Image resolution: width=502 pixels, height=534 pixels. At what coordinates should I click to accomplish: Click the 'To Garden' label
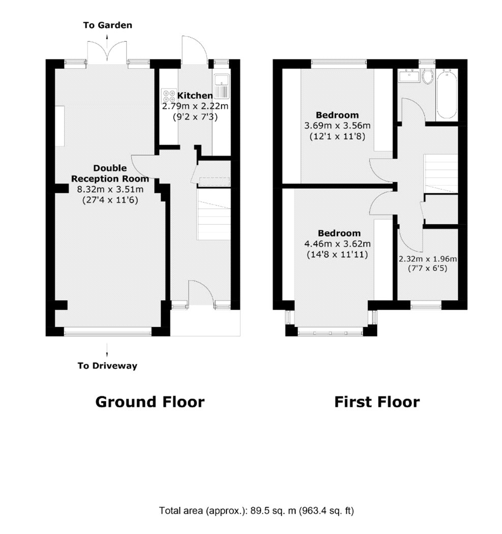[x=108, y=25]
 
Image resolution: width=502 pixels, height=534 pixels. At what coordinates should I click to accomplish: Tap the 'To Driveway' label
[x=107, y=366]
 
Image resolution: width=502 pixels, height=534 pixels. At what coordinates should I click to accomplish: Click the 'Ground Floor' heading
[x=150, y=402]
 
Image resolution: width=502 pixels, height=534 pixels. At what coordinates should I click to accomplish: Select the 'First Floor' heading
[x=377, y=402]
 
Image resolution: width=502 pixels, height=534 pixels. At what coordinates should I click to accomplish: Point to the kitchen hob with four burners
[x=168, y=96]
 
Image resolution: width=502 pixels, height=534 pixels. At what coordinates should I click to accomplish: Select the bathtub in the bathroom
[x=447, y=94]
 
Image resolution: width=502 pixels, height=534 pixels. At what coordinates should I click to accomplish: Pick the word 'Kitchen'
[x=195, y=96]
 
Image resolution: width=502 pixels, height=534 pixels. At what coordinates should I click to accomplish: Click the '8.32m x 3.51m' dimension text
[x=110, y=189]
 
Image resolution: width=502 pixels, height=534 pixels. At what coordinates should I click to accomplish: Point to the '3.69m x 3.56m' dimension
[x=337, y=126]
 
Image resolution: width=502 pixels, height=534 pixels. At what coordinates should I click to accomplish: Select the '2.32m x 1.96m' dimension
[x=428, y=259]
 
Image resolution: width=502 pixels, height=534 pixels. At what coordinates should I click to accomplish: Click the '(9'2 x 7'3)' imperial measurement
[x=195, y=117]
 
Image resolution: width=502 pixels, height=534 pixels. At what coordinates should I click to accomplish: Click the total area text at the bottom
[x=256, y=511]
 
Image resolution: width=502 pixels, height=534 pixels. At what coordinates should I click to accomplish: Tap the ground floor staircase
[x=214, y=214]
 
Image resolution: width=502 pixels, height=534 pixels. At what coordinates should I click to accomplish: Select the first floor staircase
[x=440, y=174]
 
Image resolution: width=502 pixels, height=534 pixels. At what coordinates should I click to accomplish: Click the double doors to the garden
[x=107, y=51]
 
